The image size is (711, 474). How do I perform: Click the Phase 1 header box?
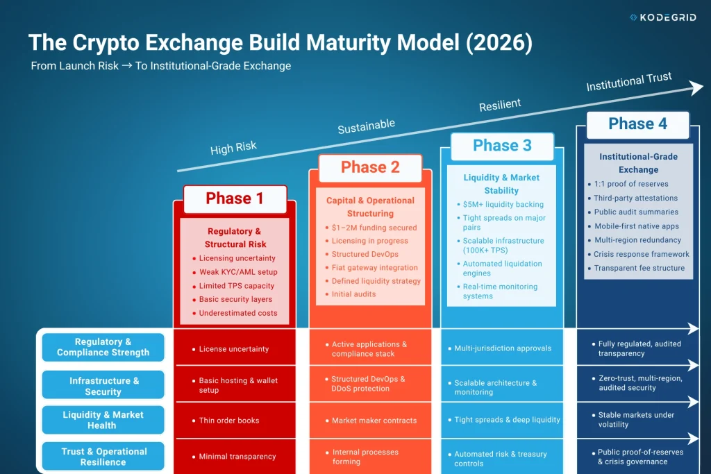[x=235, y=198]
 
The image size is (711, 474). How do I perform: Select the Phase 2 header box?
[x=370, y=167]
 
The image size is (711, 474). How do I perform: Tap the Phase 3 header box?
[x=502, y=146]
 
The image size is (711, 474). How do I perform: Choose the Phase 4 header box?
[x=637, y=124]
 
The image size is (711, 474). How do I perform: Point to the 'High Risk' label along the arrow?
[x=233, y=148]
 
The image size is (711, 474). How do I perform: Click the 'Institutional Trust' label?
[x=628, y=82]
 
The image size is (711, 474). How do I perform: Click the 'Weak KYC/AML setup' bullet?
[x=237, y=272]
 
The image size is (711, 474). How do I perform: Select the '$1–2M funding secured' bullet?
[x=374, y=228]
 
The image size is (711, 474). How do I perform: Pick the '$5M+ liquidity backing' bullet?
[x=503, y=205]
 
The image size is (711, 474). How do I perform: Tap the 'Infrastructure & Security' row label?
[x=103, y=386]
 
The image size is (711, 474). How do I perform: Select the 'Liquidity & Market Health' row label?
[x=103, y=420]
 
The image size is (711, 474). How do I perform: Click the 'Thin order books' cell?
[x=228, y=421]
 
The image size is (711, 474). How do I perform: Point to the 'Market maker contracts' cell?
[x=374, y=421]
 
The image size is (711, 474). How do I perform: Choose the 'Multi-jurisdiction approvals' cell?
[x=502, y=348]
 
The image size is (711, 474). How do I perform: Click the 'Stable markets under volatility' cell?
[x=635, y=419]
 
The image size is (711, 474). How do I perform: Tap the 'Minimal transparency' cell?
[x=237, y=457]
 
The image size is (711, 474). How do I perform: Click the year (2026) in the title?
[x=498, y=43]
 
